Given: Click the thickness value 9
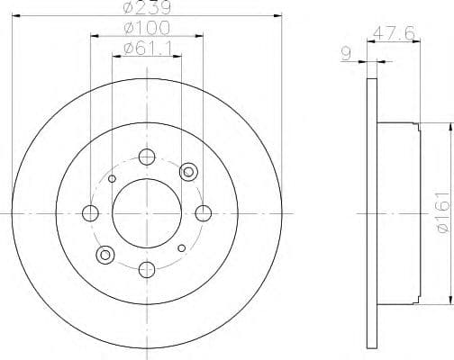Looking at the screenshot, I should (346, 55).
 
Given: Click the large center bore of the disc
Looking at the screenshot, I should (147, 212).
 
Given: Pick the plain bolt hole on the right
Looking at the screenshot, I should (204, 212).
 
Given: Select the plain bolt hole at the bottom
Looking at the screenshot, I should (147, 269).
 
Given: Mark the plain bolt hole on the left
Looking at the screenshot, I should (90, 212).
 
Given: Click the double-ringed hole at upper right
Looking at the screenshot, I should (188, 171).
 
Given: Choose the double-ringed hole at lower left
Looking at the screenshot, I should (105, 254).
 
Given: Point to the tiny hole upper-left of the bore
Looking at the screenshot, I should (112, 178).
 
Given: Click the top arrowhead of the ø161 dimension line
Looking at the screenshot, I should (449, 127).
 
